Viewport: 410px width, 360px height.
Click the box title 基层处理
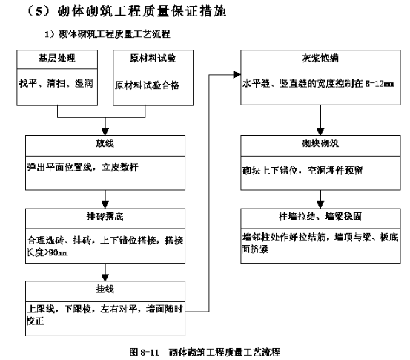point(57,58)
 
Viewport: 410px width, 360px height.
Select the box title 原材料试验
point(153,58)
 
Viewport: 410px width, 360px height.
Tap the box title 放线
point(105,143)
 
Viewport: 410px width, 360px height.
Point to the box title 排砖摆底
point(105,217)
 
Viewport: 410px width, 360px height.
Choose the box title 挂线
point(105,289)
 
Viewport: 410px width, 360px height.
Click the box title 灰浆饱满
point(320,58)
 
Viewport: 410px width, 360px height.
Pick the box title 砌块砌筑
point(320,143)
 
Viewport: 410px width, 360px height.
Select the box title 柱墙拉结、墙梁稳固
point(320,217)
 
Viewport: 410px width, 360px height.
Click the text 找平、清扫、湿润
point(56,84)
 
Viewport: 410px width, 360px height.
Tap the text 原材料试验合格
point(148,85)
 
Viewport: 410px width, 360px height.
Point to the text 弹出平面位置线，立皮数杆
point(82,167)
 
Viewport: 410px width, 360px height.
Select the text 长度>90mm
point(47,252)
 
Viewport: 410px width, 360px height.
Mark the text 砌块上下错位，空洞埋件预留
point(302,171)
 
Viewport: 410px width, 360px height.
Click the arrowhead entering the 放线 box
point(105,132)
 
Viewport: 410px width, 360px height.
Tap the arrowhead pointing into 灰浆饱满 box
point(237,75)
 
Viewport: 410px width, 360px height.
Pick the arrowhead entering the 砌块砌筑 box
point(320,132)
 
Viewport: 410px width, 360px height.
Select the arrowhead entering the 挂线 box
point(105,278)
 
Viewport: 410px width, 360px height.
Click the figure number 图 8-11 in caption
point(145,352)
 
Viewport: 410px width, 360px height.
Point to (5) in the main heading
point(39,12)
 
